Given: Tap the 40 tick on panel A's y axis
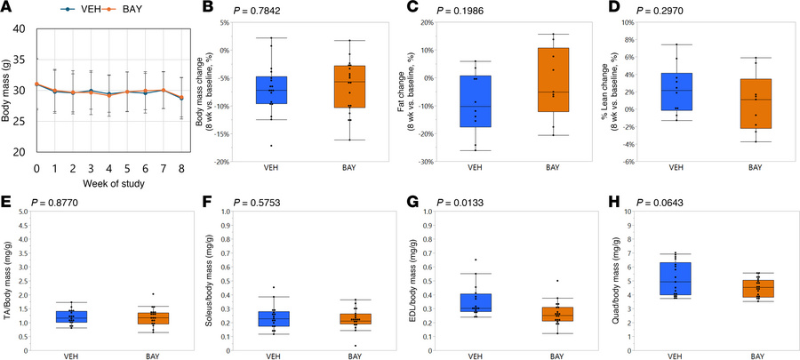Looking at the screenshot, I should [20, 29].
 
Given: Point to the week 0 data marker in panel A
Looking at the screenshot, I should [36, 84].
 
